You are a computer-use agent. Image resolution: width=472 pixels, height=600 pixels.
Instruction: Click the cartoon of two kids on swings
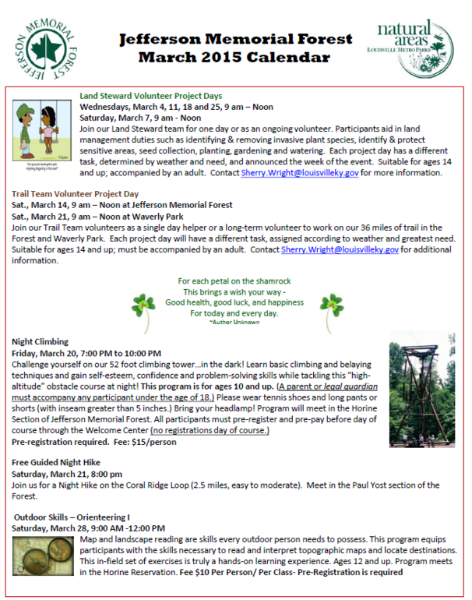44,129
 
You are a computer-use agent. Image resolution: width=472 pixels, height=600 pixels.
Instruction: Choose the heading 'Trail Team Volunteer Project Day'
76,194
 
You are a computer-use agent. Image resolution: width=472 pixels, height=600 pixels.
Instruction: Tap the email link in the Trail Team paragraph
340,250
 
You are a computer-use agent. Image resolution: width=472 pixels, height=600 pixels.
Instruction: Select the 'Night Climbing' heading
41,341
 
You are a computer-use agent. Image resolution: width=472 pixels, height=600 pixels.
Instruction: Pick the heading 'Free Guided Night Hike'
56,462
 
